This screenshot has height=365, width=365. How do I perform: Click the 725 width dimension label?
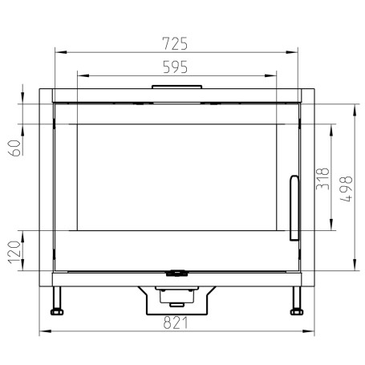[175, 43]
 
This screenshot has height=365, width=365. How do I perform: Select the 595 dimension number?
[175, 67]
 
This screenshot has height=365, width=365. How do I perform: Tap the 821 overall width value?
[176, 322]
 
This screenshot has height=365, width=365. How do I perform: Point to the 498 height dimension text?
[347, 189]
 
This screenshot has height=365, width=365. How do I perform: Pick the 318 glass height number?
[322, 179]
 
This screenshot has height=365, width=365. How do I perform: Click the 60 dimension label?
[14, 148]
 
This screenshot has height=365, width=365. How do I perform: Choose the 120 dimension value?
[14, 252]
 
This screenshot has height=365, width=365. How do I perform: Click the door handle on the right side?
[294, 208]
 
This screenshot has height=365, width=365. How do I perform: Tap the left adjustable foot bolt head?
[57, 312]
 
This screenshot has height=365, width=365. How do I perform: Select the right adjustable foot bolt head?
[297, 312]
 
